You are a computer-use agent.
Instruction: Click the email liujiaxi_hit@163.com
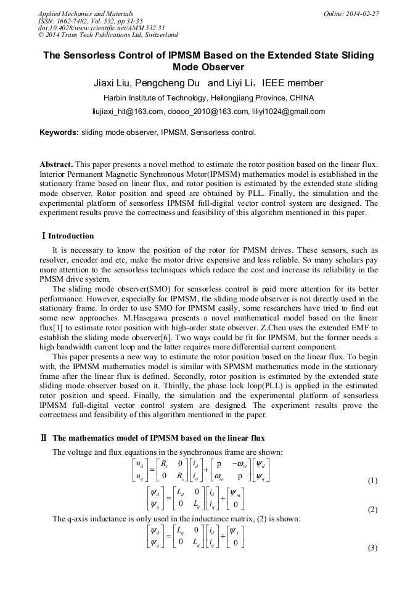point(128,112)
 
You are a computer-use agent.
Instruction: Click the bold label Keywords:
point(59,132)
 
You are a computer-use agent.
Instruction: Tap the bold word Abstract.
point(56,165)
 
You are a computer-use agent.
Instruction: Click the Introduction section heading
point(71,236)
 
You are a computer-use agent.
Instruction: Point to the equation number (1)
point(372,480)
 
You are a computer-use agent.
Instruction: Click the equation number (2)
point(372,510)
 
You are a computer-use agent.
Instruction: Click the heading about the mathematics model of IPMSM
point(158,438)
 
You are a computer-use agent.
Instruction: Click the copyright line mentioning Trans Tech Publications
point(109,35)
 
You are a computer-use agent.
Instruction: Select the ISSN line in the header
point(102,20)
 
